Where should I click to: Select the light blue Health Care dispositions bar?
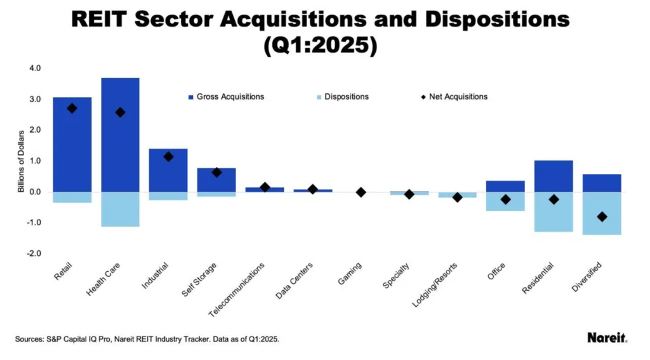pyautogui.click(x=120, y=209)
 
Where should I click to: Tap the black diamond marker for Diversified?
pyautogui.click(x=602, y=217)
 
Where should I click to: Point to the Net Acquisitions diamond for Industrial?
pyautogui.click(x=168, y=156)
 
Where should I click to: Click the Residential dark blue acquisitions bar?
pyautogui.click(x=554, y=176)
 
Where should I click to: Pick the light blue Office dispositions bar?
pyautogui.click(x=505, y=201)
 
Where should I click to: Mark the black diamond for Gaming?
pyautogui.click(x=361, y=192)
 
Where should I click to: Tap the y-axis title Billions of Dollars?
pyautogui.click(x=21, y=161)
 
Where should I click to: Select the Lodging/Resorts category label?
pyautogui.click(x=437, y=284)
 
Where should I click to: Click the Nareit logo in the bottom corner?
pyautogui.click(x=607, y=338)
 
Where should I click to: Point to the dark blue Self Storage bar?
pyautogui.click(x=216, y=180)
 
